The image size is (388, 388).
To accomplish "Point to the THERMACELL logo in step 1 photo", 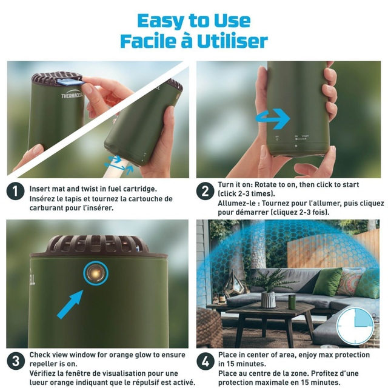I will (x=73, y=96).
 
